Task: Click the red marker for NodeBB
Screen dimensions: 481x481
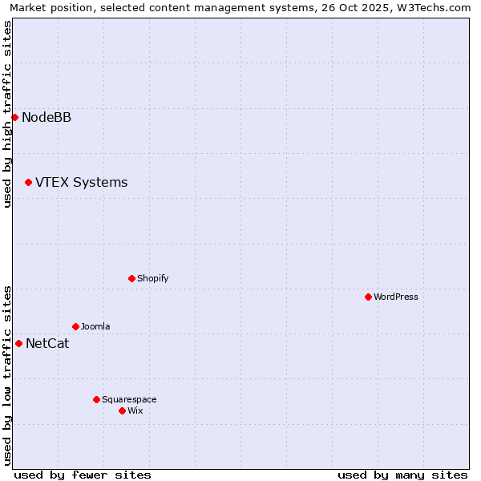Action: click(x=14, y=117)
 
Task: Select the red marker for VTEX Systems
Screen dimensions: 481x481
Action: click(x=28, y=182)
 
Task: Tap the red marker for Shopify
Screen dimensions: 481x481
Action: click(x=131, y=278)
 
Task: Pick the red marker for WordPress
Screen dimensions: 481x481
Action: click(x=368, y=297)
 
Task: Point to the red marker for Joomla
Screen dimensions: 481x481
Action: click(x=75, y=326)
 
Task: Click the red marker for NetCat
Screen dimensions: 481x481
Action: click(x=18, y=343)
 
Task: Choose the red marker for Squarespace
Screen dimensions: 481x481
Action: click(x=96, y=399)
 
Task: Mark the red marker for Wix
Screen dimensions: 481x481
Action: click(x=122, y=410)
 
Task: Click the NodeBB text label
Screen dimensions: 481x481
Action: click(x=46, y=117)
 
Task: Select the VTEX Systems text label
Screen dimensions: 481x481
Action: click(x=81, y=182)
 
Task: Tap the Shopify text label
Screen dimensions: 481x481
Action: click(x=152, y=278)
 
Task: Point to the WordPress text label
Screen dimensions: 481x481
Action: click(x=396, y=297)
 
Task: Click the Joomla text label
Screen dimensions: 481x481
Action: click(x=95, y=326)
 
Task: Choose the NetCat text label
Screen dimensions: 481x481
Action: click(x=47, y=344)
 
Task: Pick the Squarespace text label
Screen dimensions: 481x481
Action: click(x=129, y=399)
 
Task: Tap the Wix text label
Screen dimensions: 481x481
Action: click(x=135, y=410)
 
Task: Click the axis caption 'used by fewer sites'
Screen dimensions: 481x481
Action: click(x=83, y=475)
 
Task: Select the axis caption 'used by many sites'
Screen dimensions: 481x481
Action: click(x=402, y=475)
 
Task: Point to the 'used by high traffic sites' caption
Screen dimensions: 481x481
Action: click(x=7, y=114)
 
